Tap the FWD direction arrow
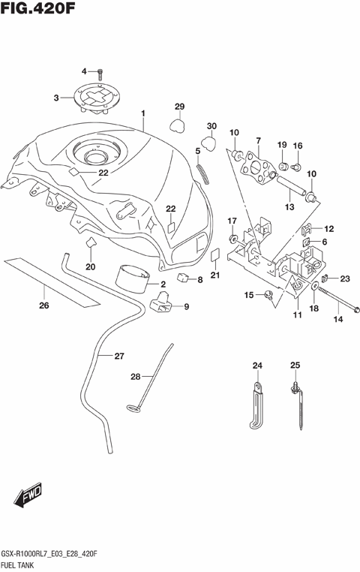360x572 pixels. (28, 496)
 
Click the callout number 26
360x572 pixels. (44, 306)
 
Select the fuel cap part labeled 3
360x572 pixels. (97, 98)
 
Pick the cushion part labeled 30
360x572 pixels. (209, 143)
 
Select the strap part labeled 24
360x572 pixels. (257, 402)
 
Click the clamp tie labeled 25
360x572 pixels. (297, 402)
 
